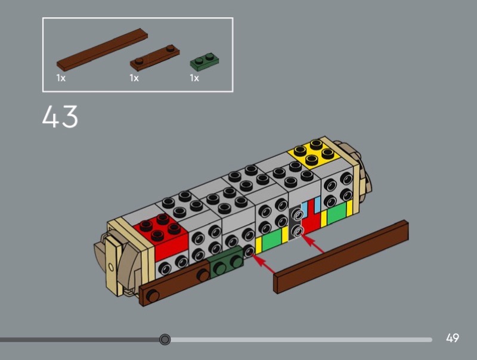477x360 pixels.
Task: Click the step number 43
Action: [x=60, y=116]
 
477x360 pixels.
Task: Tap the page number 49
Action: [x=453, y=338]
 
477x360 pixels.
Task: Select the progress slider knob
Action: [x=165, y=339]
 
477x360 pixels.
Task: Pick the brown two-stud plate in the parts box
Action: [x=154, y=58]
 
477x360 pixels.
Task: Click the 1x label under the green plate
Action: [x=194, y=78]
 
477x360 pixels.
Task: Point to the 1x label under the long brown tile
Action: [x=61, y=78]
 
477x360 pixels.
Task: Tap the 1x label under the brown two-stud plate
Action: [x=134, y=78]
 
